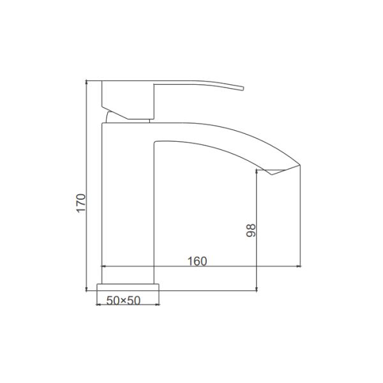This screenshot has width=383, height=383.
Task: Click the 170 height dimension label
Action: coord(81,203)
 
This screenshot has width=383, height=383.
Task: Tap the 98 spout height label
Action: coord(251,230)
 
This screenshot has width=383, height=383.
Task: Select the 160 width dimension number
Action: coord(197,261)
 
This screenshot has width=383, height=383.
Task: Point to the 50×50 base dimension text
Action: coord(123,301)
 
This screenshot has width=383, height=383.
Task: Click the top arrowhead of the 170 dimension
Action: coord(86,82)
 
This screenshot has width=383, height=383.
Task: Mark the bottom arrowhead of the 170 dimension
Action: coord(86,289)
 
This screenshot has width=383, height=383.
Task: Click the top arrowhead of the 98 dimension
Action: coord(256,172)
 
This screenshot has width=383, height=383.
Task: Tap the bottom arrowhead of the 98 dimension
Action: coord(256,289)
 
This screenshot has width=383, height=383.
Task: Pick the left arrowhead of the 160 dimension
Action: coord(103,266)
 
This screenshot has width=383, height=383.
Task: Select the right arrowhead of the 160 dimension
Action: coord(298,266)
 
